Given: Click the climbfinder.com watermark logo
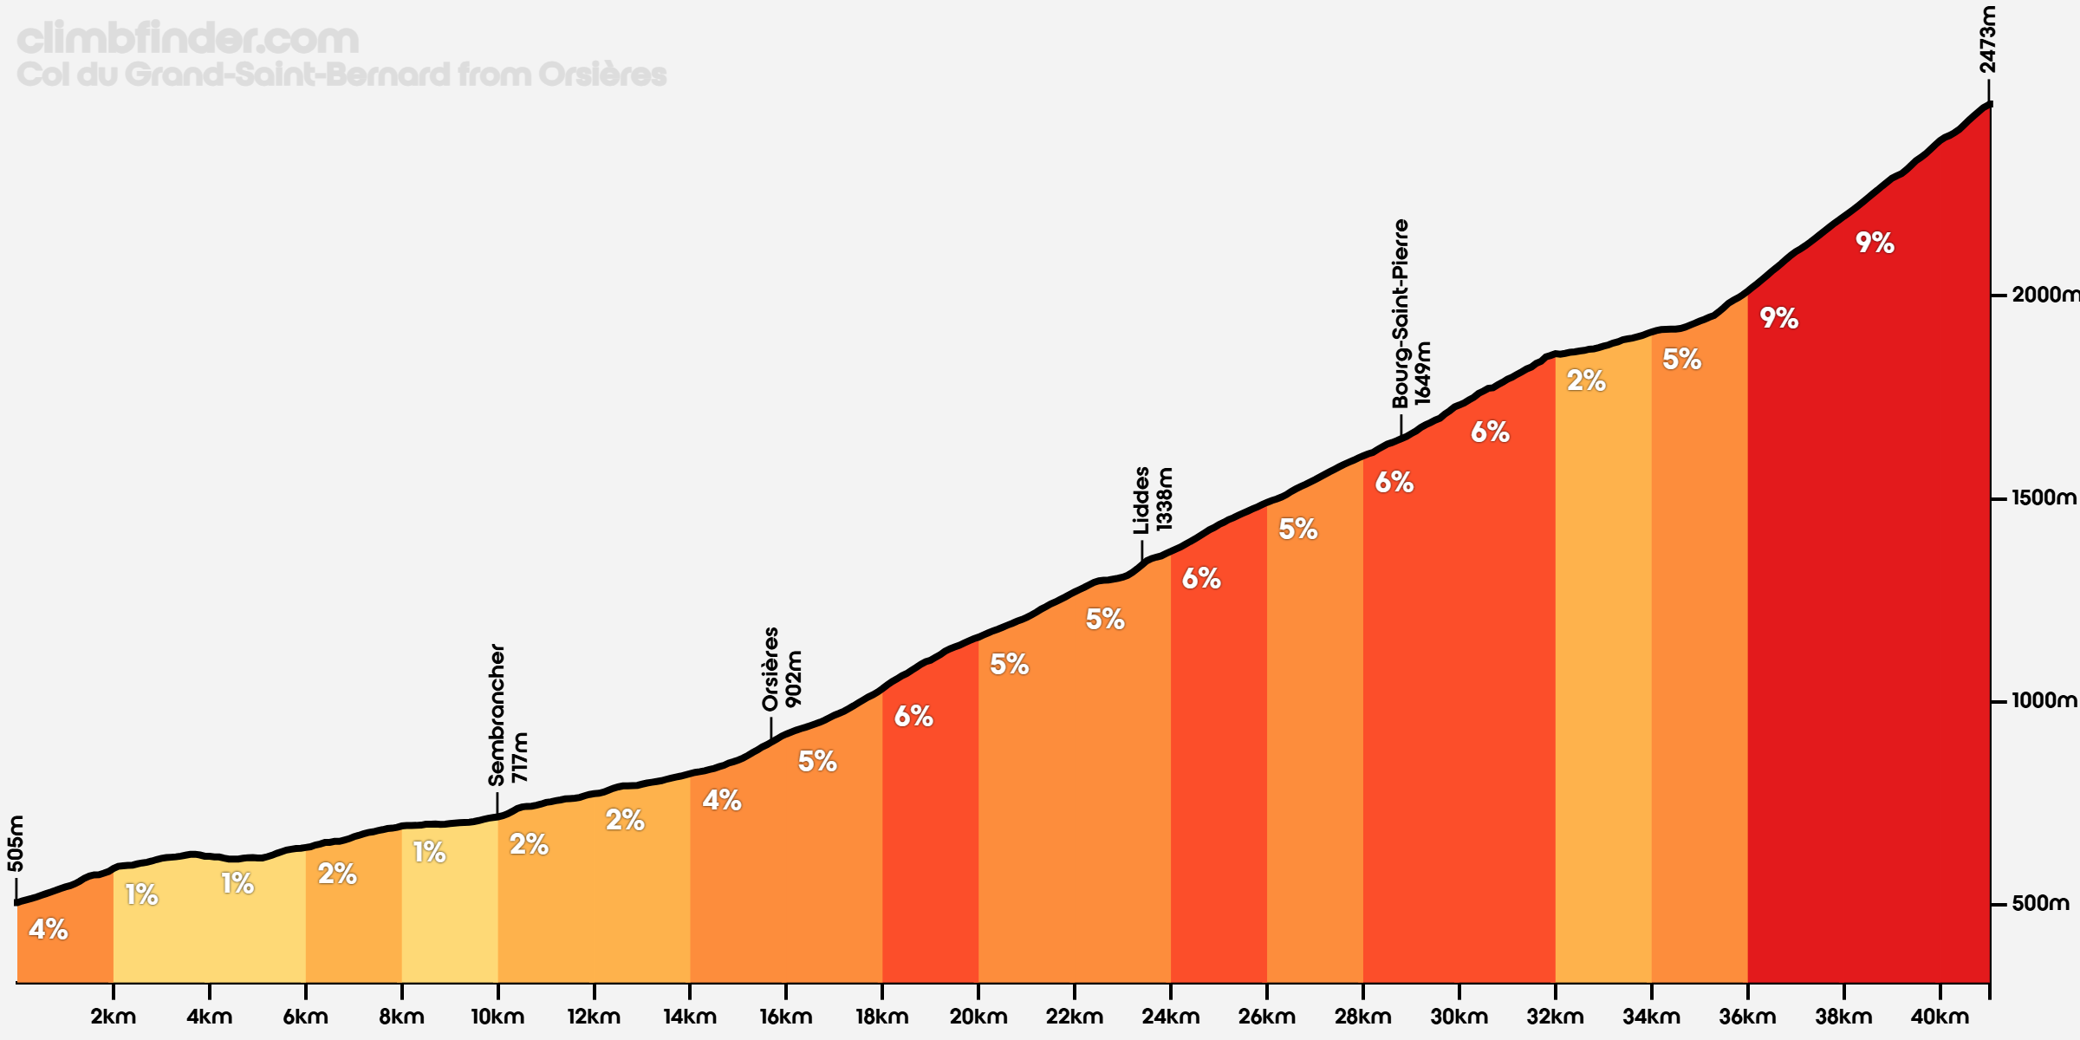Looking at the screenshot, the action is (x=187, y=39).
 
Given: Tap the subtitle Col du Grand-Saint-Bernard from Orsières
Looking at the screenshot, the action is (x=341, y=75).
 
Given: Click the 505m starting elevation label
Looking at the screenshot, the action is (x=16, y=843).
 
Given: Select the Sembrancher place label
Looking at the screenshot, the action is (x=497, y=715).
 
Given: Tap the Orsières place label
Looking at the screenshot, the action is (x=770, y=669).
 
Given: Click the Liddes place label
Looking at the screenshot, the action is (x=1141, y=500).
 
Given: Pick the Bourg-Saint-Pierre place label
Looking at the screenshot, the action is (x=1401, y=314).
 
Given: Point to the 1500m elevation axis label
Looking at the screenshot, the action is (x=2044, y=498).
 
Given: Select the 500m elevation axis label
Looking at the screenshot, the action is (x=2041, y=904).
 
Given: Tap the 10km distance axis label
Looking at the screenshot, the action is (x=497, y=1017).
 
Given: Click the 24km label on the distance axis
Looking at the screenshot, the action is (x=1170, y=1017).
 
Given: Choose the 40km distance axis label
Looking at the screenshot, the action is (x=1940, y=1017).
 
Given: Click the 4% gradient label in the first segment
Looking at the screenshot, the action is (x=49, y=930).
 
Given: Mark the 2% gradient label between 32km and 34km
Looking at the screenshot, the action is (x=1586, y=380).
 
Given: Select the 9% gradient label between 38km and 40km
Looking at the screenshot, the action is (x=1875, y=243).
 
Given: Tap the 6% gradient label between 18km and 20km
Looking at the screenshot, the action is (x=913, y=716).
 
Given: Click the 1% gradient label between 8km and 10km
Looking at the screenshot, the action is (x=429, y=853).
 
